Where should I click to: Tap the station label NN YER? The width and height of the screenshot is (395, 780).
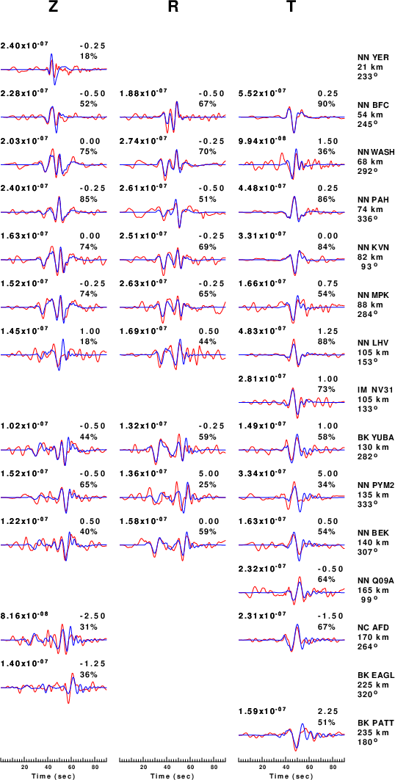(374, 57)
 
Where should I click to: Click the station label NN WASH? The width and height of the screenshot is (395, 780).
(376, 152)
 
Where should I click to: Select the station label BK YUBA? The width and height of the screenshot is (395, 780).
(376, 438)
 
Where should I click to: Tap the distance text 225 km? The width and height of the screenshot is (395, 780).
(371, 685)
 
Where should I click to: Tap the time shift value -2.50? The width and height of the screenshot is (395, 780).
(92, 616)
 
